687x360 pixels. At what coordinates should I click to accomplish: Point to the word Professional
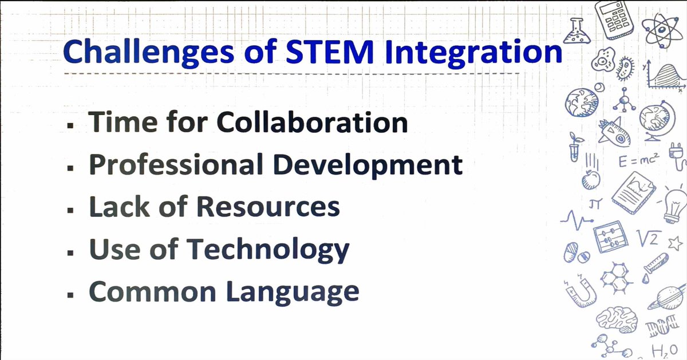point(174,165)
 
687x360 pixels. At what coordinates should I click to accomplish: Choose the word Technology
point(268,250)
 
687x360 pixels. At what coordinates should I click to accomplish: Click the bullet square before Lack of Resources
point(70,209)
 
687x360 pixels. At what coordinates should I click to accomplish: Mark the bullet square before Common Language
point(70,295)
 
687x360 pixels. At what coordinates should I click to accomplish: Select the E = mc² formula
point(639,161)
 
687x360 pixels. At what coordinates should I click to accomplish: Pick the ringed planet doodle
point(670,298)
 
